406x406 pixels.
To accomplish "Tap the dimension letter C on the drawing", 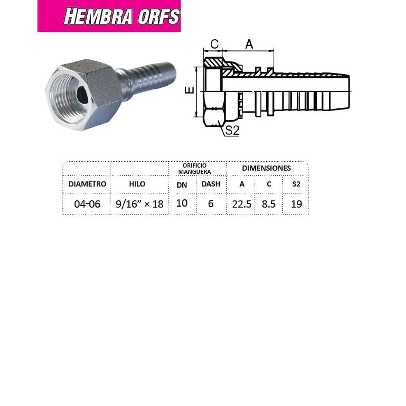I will [215, 44].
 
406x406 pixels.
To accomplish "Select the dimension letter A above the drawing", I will [249, 44].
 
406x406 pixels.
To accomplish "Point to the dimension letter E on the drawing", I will [192, 91].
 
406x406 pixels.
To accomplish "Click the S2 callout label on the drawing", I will [232, 131].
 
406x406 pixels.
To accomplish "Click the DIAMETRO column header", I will [87, 184].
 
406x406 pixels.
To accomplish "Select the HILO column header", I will [137, 184].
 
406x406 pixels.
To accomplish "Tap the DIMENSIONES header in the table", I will [266, 168].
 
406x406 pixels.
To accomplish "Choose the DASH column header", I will [211, 184].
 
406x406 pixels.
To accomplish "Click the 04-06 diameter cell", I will [87, 204].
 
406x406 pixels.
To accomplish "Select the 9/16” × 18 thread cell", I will [139, 204].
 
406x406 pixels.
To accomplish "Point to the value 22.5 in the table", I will [242, 204].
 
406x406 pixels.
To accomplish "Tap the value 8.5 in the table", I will [268, 204].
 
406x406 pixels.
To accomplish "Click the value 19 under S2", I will [296, 204].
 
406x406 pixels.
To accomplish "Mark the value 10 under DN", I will [182, 203].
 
